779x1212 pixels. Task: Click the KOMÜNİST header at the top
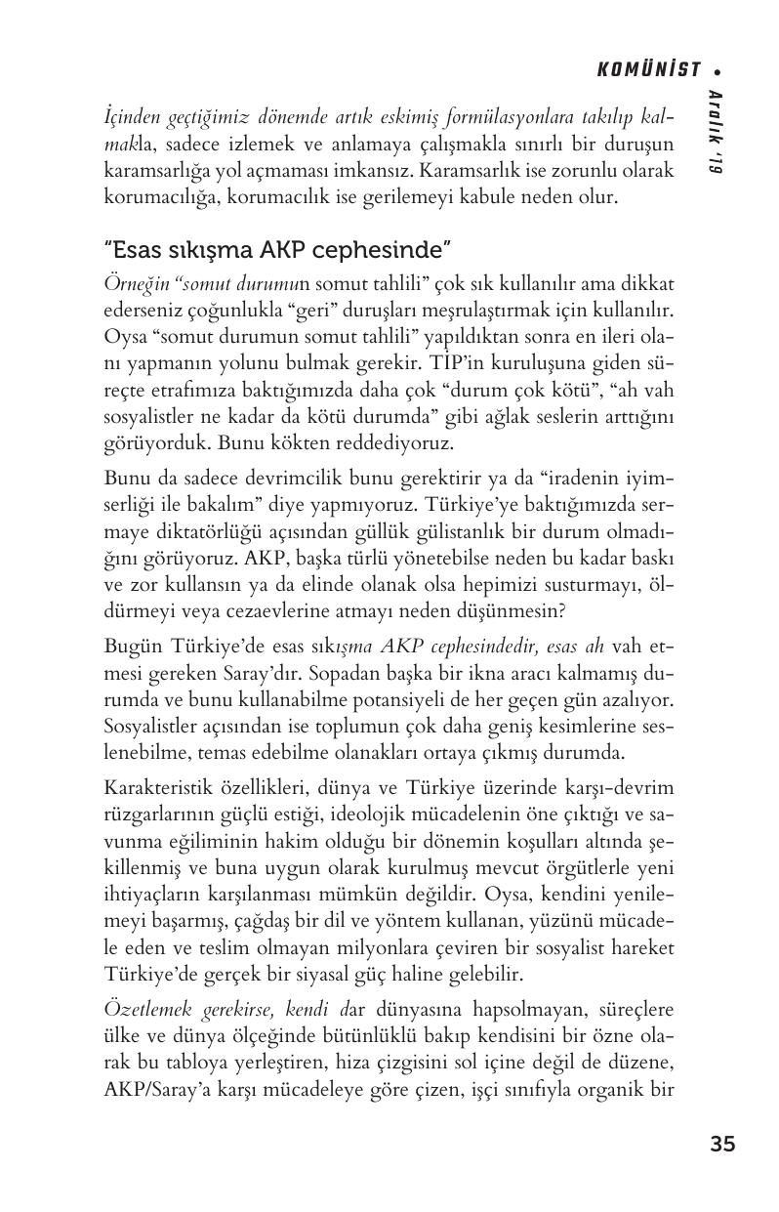click(x=649, y=69)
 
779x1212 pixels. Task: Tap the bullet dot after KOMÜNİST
click(x=717, y=70)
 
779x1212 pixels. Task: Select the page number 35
click(x=722, y=1145)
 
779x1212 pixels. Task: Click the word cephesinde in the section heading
click(x=386, y=251)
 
